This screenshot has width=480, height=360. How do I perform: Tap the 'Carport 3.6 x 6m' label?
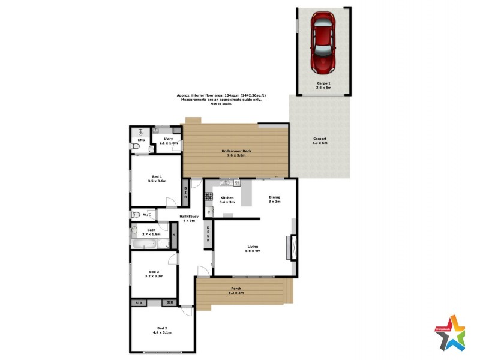click(x=324, y=85)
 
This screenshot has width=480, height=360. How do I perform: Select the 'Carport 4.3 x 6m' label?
click(x=320, y=140)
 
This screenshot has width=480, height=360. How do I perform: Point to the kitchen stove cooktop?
click(x=209, y=196)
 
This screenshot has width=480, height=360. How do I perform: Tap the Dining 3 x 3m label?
click(x=274, y=199)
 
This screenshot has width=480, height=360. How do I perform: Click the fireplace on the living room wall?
click(x=292, y=247)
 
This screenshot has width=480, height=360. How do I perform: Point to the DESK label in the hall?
click(x=208, y=233)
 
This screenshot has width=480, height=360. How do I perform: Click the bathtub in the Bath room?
click(x=145, y=244)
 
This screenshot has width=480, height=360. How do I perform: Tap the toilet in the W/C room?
click(x=136, y=214)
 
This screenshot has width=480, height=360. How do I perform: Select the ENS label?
click(x=141, y=140)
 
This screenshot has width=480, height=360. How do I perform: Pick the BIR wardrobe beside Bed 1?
click(x=185, y=193)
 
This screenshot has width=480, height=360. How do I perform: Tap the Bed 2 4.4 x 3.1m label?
click(x=162, y=330)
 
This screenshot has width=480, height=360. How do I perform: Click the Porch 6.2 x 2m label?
click(x=236, y=291)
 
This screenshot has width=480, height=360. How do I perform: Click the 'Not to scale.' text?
click(x=221, y=104)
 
